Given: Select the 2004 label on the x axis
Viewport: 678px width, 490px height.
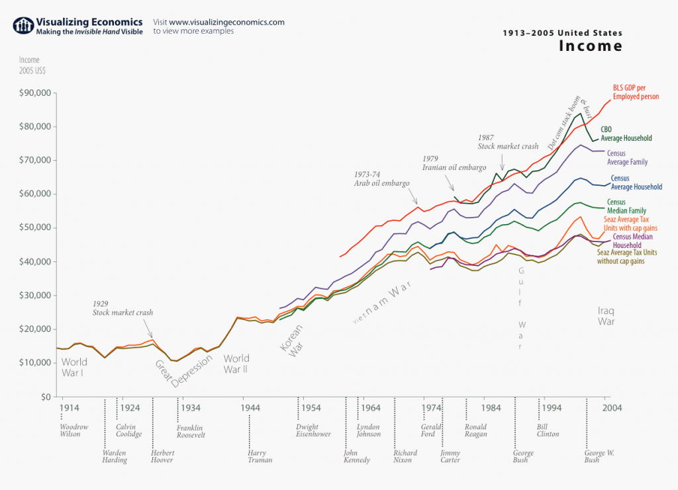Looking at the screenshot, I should pos(610,408).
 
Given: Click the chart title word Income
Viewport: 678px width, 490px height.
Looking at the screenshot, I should pos(591,46).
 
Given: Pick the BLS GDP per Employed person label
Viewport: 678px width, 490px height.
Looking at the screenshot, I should pos(636,92).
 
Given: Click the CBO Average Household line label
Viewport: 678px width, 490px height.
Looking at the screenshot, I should pos(626,134).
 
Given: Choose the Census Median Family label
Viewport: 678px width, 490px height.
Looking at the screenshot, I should pos(627,206).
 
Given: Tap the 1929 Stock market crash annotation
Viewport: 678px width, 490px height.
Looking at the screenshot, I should pos(122,308).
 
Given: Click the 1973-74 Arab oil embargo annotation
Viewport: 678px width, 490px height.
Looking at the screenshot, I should pos(381,179).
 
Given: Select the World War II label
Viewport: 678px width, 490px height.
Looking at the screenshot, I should pos(236,364).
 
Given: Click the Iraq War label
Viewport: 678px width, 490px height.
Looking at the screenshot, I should pos(606,316).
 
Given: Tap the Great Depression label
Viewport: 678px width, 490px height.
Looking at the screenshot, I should pos(183,363).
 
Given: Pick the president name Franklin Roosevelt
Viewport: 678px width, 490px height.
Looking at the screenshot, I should pos(191,431).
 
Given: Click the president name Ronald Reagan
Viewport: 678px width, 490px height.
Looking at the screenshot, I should pos(475,430).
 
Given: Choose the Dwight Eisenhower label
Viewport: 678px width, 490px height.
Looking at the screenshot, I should pos(312,430).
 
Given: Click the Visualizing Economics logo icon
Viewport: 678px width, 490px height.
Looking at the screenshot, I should pos(23,26).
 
